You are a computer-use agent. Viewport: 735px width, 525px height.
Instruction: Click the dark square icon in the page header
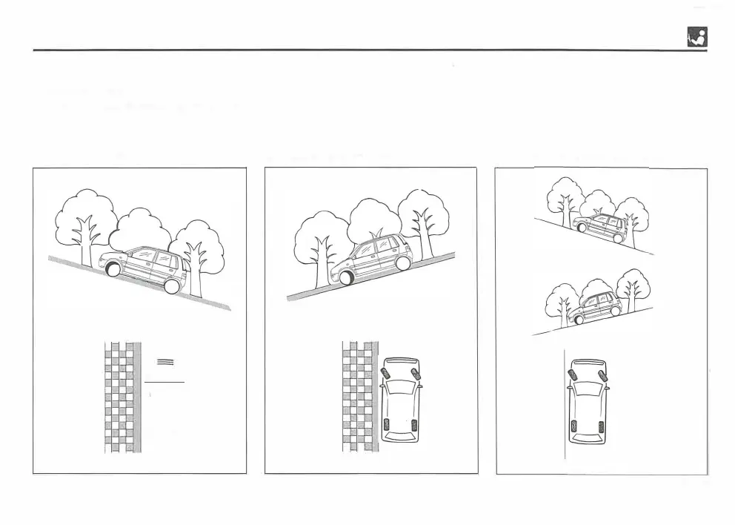[696, 36]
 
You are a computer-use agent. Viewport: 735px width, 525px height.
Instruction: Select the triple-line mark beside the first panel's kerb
[165, 361]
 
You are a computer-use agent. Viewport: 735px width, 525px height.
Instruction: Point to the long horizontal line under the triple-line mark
[164, 382]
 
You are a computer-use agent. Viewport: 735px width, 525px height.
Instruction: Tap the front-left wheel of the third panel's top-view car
[573, 374]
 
